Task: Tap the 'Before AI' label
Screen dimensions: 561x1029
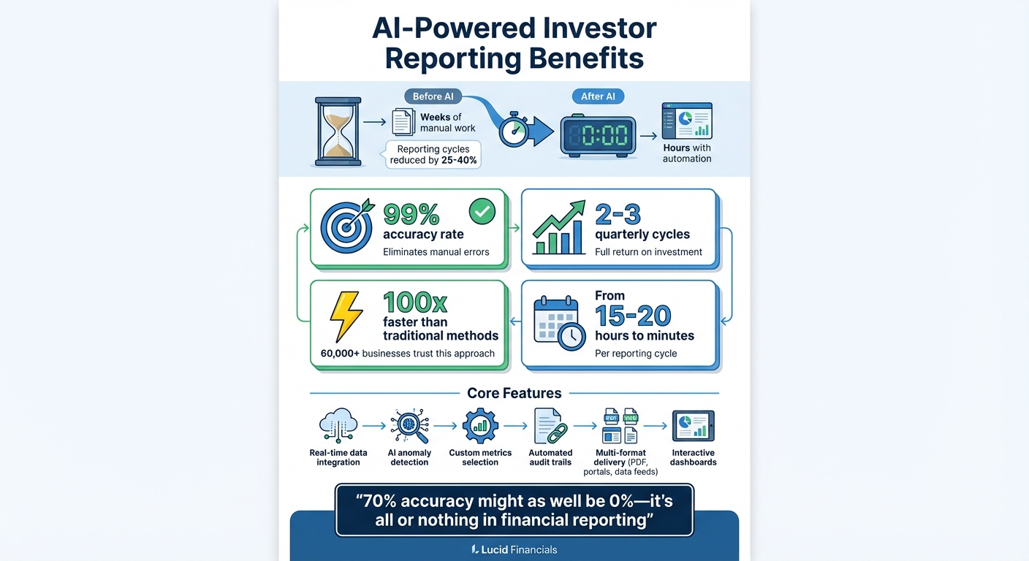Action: (433, 96)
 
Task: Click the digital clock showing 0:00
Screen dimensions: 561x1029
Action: (598, 137)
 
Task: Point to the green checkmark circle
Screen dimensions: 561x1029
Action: (481, 212)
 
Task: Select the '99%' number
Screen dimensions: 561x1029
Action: (411, 214)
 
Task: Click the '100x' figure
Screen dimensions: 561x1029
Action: (415, 301)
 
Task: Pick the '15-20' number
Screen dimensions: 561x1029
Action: (633, 315)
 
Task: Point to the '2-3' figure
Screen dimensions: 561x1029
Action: (618, 214)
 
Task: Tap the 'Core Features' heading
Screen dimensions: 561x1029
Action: (514, 393)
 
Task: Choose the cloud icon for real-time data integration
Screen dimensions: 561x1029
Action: (338, 424)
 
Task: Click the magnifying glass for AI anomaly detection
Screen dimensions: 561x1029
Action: (409, 425)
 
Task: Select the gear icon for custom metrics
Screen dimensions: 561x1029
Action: (480, 424)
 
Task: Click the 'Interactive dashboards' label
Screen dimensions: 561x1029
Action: (694, 457)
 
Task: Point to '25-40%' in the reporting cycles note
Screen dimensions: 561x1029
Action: (459, 161)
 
